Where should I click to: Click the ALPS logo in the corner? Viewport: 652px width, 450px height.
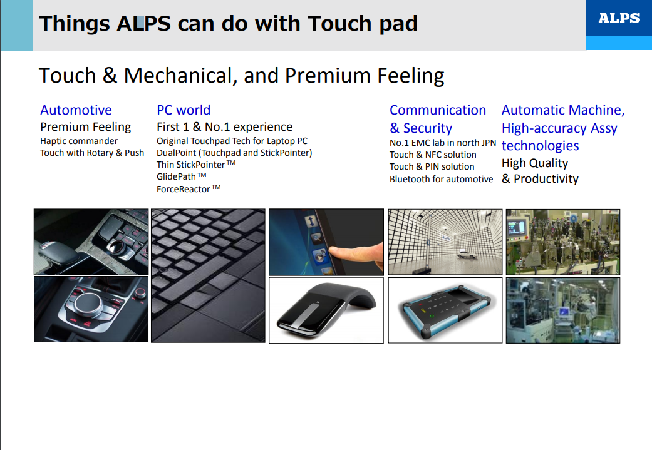click(x=619, y=18)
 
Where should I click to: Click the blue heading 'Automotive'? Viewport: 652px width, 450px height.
click(x=76, y=110)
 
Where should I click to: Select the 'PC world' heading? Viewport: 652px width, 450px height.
click(x=184, y=110)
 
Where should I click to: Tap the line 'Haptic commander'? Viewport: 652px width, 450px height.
click(x=79, y=141)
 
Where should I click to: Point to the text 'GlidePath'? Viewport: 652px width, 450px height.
click(x=176, y=176)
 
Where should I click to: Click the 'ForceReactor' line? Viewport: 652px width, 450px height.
click(x=184, y=189)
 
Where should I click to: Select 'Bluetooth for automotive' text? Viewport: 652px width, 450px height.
click(x=441, y=179)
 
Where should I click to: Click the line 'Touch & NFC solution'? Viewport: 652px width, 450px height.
click(x=433, y=155)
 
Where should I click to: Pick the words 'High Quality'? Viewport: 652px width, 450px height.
click(x=535, y=163)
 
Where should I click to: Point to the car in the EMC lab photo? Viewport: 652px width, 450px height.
click(x=467, y=254)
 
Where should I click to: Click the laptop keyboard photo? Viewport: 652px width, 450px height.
click(x=208, y=276)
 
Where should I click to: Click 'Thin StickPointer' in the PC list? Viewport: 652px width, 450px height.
click(x=190, y=165)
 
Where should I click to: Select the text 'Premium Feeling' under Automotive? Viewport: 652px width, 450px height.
click(x=86, y=126)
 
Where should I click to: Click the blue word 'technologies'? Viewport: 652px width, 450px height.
click(x=540, y=146)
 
